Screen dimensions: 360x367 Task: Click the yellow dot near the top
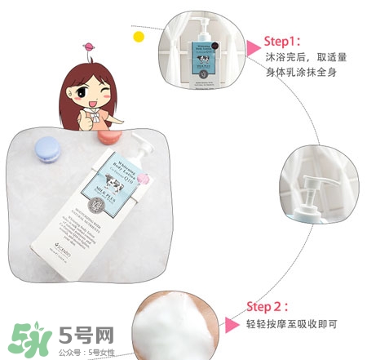click(139, 37)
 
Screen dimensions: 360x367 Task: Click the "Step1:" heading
click(281, 40)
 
